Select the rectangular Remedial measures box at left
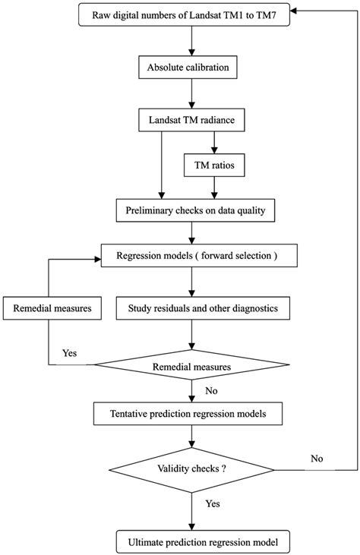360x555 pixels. (47, 309)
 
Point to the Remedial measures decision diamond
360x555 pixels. (192, 366)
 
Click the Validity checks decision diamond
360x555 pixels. (192, 468)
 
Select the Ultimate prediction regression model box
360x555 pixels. (192, 542)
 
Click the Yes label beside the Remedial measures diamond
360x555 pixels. (69, 352)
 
